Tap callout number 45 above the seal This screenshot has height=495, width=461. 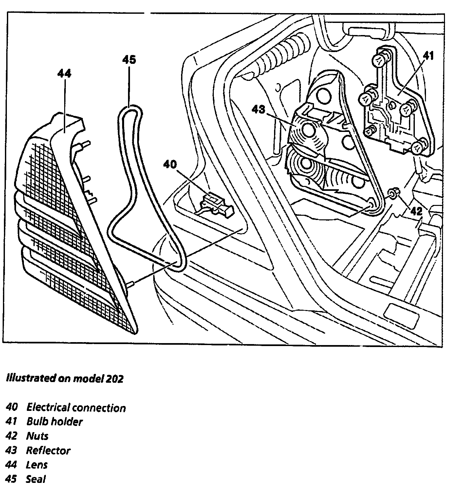129,60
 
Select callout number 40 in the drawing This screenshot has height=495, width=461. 170,165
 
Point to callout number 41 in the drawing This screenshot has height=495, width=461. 428,56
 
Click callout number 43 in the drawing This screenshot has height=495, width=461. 258,109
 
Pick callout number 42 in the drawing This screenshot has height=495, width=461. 416,211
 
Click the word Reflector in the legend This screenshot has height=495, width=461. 48,451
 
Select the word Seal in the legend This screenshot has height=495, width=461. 36,480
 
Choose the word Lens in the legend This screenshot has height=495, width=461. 37,465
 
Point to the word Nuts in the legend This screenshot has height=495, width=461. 37,436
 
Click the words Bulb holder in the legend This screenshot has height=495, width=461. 54,422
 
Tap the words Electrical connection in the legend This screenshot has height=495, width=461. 76,408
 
